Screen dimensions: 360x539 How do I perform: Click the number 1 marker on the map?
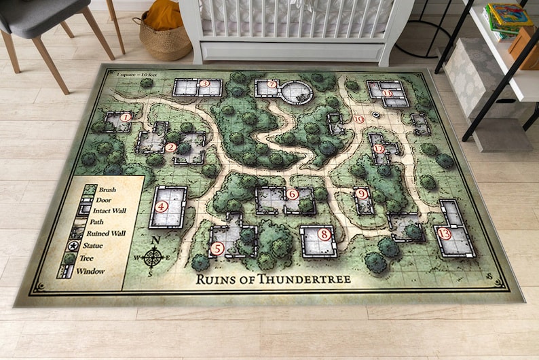point(125,117)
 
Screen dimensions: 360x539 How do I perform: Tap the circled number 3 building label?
point(204,84)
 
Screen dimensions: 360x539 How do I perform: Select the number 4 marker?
point(162,207)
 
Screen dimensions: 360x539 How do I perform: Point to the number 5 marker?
point(217,249)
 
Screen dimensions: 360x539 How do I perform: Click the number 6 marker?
point(293,194)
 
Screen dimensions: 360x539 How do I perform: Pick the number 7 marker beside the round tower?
point(272,85)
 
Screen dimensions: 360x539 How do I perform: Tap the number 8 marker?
point(324,235)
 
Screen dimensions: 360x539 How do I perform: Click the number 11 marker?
point(387,93)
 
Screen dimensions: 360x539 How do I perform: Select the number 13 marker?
point(445,234)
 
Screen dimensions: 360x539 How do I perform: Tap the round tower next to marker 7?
point(297,91)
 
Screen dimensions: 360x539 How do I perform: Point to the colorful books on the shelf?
point(508,17)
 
